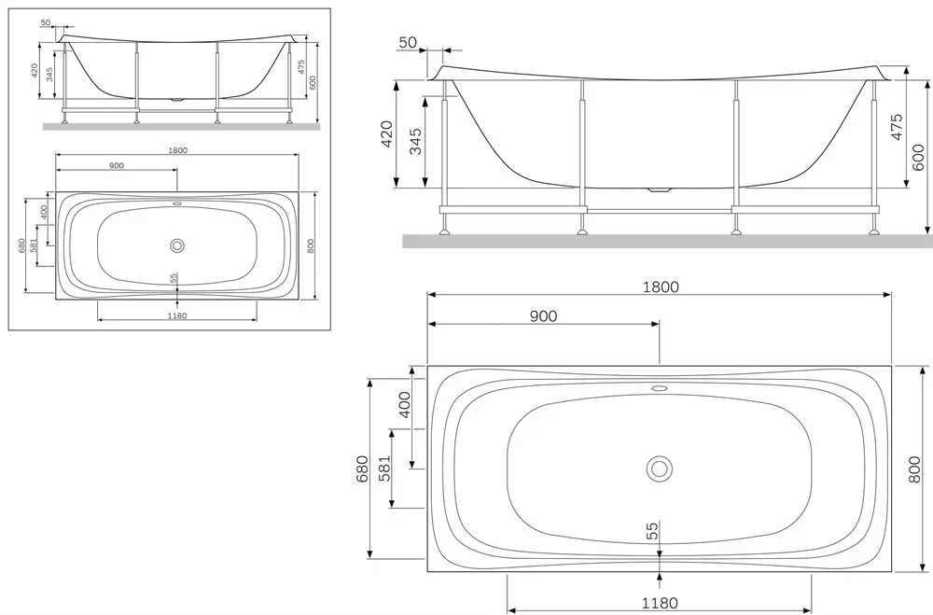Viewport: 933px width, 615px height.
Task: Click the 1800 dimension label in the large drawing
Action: [661, 287]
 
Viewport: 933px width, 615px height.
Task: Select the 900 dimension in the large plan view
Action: [543, 316]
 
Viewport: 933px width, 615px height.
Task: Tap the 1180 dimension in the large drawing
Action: [660, 603]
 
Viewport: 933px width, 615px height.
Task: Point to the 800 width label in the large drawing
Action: [914, 468]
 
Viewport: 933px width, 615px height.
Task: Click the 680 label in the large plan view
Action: [362, 468]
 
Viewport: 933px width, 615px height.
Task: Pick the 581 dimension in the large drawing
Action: [384, 468]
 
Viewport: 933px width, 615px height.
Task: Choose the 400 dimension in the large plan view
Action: [404, 404]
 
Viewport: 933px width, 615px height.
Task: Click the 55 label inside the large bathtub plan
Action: [653, 530]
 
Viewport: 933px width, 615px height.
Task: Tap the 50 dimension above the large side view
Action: [408, 42]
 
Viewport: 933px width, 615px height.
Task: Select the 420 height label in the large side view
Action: [386, 134]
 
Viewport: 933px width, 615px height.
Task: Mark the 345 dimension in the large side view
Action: [415, 141]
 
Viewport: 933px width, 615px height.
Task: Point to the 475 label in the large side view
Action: [897, 126]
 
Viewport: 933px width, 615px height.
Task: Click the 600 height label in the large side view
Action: [917, 157]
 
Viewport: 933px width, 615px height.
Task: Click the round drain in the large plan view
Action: [660, 468]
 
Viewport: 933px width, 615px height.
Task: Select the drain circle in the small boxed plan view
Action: [176, 245]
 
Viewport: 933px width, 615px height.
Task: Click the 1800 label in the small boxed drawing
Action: [177, 150]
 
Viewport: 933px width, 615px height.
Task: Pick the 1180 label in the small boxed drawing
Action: [177, 315]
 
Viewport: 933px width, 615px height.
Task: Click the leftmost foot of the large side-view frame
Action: [444, 231]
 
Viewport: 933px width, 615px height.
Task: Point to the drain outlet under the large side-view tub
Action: [659, 190]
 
